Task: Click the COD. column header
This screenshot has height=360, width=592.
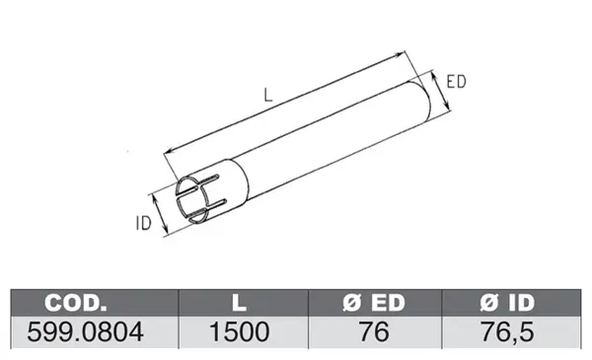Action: pos(76,302)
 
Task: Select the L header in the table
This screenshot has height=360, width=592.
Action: pos(239,302)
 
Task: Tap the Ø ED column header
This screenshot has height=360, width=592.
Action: pos(374,302)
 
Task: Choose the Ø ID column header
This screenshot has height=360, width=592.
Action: pos(507,302)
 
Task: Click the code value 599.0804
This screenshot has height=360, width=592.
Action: pos(85,332)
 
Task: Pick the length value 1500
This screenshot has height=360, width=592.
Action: pos(240,332)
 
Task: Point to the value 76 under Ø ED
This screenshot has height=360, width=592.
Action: pos(374,332)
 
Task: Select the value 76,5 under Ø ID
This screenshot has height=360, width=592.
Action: pos(507,332)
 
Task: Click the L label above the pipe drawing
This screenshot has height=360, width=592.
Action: pos(268,95)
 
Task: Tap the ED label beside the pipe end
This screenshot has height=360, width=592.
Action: pos(456,82)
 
